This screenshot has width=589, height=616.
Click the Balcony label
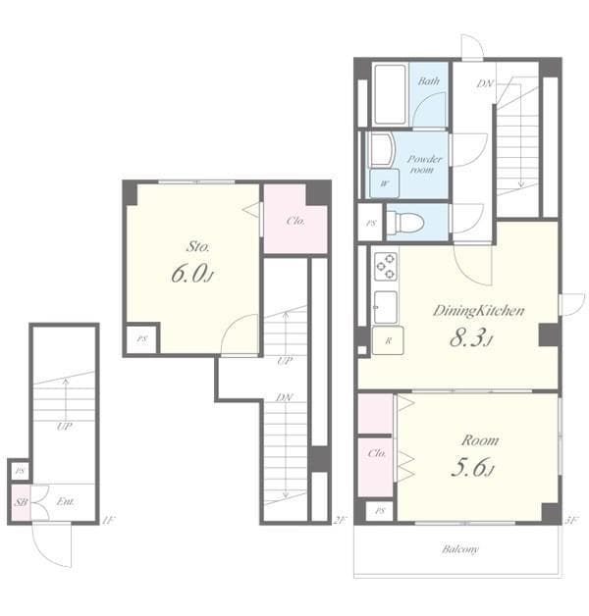[458, 549]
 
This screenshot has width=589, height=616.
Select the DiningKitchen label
[478, 310]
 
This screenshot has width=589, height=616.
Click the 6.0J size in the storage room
[191, 274]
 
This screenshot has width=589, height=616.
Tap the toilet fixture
[404, 223]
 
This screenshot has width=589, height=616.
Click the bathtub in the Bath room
[391, 94]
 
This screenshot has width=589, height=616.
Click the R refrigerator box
[389, 340]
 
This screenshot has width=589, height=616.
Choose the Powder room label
[425, 163]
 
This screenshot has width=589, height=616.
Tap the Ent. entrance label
[65, 502]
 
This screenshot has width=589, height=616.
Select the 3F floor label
[572, 519]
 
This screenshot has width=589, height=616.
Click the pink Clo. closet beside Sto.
[294, 220]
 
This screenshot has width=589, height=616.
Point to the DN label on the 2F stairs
[284, 398]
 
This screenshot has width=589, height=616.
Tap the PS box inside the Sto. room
[141, 339]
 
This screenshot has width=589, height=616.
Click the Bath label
[428, 81]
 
